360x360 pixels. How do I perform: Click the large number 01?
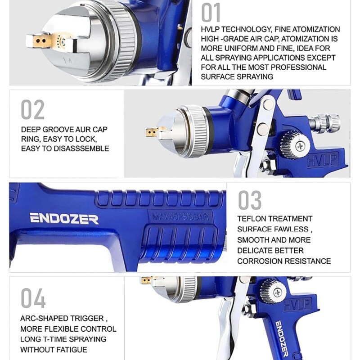tap(211, 13)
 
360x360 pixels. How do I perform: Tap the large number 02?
tap(32, 110)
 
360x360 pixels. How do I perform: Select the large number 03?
tap(250, 200)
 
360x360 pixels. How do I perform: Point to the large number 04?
tap(33, 298)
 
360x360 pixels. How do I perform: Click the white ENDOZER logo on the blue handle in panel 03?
tap(64, 218)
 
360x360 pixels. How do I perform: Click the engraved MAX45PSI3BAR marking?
tap(180, 216)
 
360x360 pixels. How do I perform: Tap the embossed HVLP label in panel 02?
tap(323, 160)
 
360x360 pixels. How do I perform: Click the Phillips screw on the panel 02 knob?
tap(300, 145)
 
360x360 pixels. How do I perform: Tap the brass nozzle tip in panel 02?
tap(151, 132)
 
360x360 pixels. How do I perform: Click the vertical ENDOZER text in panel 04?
tap(282, 339)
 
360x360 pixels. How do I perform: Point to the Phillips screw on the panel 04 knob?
tap(278, 292)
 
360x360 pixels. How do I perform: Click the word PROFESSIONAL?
tap(298, 67)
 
